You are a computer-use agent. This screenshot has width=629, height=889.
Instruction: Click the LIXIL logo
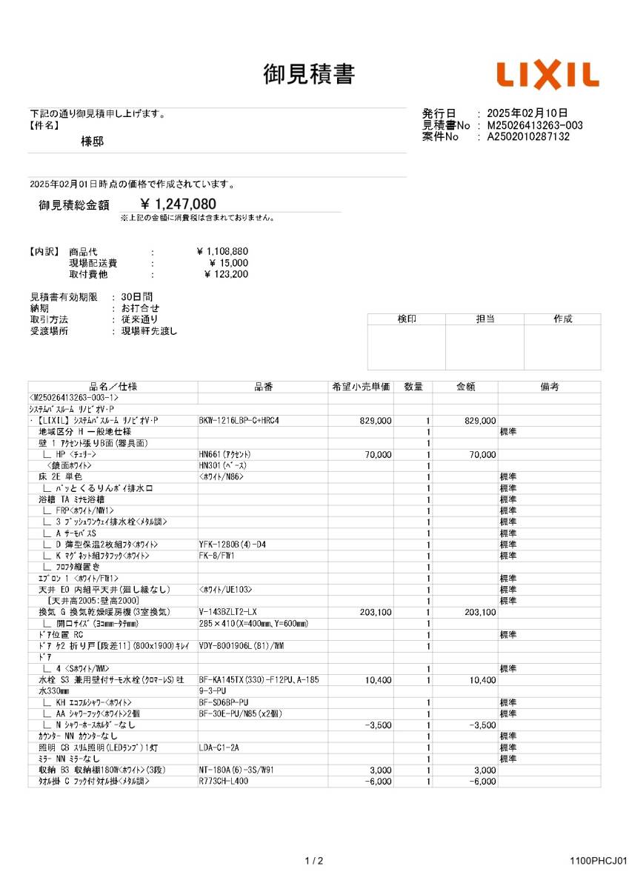click(x=548, y=76)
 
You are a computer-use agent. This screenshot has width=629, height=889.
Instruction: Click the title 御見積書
click(x=309, y=74)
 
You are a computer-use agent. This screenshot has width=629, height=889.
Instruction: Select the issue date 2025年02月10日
click(x=528, y=113)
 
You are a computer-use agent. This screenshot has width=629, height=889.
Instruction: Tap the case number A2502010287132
click(x=528, y=137)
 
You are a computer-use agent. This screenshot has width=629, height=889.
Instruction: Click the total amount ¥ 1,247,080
click(x=179, y=204)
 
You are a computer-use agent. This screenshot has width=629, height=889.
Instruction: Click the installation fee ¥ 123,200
click(x=226, y=275)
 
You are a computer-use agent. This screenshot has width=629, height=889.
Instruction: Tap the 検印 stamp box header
click(x=406, y=319)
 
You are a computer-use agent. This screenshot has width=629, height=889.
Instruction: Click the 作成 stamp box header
click(x=562, y=319)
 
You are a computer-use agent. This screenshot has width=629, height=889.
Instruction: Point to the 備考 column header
click(x=549, y=387)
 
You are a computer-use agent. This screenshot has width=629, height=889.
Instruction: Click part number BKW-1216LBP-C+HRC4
click(x=239, y=421)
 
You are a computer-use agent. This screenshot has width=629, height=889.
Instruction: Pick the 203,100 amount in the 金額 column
click(x=479, y=612)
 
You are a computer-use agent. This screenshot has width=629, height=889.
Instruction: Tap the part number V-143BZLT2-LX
click(x=228, y=612)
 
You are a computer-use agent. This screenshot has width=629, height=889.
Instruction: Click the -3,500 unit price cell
click(x=379, y=725)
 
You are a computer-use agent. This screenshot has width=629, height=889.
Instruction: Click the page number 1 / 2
click(x=314, y=861)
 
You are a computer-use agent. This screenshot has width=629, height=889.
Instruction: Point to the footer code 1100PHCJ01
click(x=599, y=861)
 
